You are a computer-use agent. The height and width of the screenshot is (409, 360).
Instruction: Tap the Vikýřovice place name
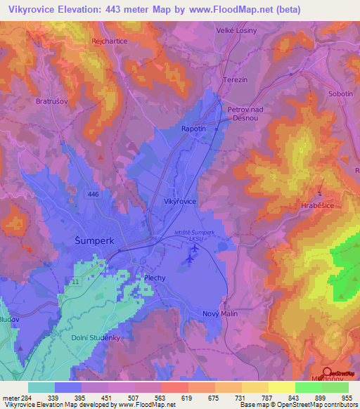[180, 201]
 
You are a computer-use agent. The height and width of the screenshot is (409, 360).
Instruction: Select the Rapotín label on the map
[194, 129]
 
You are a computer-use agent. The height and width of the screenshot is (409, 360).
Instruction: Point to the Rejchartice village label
[108, 41]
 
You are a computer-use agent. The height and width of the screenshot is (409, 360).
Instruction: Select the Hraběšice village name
[320, 208]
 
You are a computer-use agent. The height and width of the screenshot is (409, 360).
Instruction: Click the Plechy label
[155, 278]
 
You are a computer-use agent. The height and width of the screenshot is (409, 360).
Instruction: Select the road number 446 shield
[93, 193]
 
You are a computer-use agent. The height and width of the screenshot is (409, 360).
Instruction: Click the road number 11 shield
[75, 280]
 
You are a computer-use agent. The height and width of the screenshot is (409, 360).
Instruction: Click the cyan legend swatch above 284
[41, 387]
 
